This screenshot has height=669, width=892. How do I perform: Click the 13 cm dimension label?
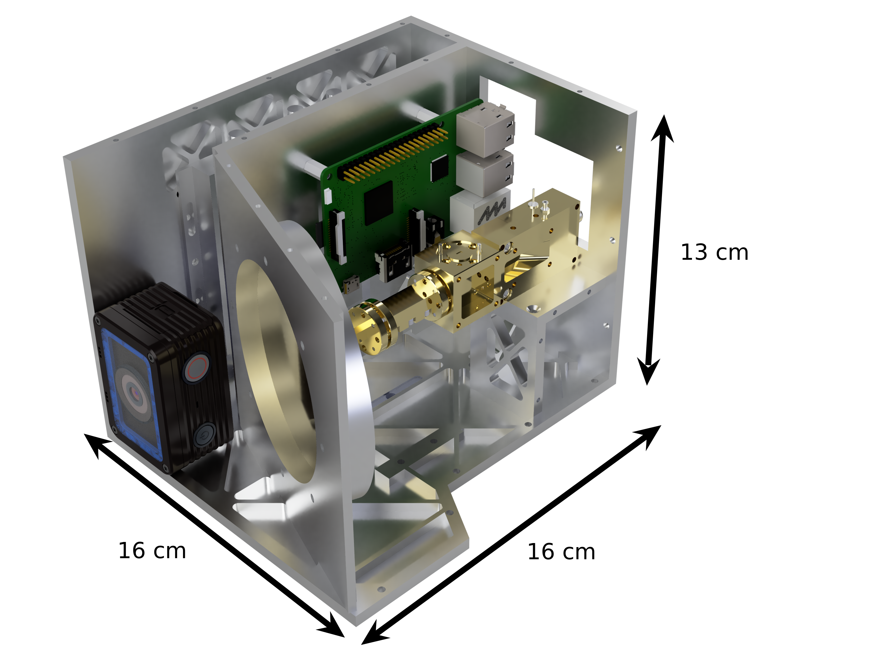pyautogui.click(x=714, y=252)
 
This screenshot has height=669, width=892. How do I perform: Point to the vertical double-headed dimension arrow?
pyautogui.click(x=656, y=250)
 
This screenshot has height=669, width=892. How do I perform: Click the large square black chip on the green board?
pyautogui.click(x=378, y=203)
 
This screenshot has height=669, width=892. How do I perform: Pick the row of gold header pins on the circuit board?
pyautogui.click(x=393, y=154)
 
